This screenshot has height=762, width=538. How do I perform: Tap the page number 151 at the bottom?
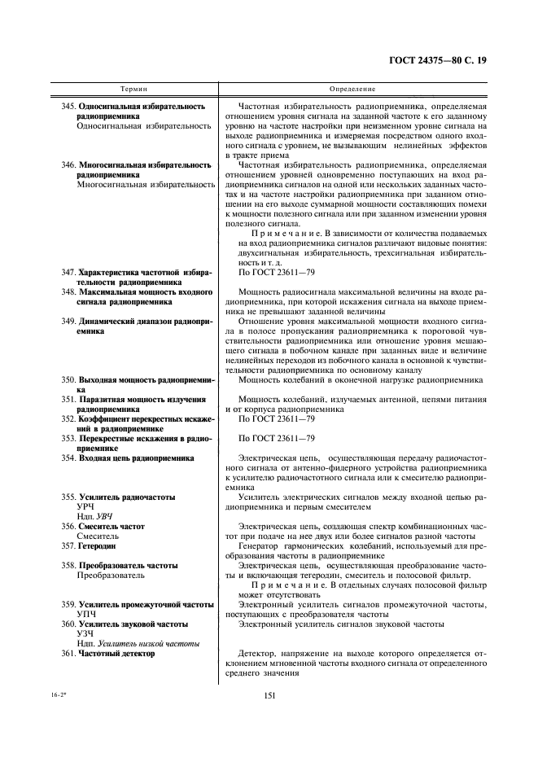click(269, 694)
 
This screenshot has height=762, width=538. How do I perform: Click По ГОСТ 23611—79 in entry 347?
click(275, 271)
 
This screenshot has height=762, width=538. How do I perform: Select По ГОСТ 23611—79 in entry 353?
click(275, 438)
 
